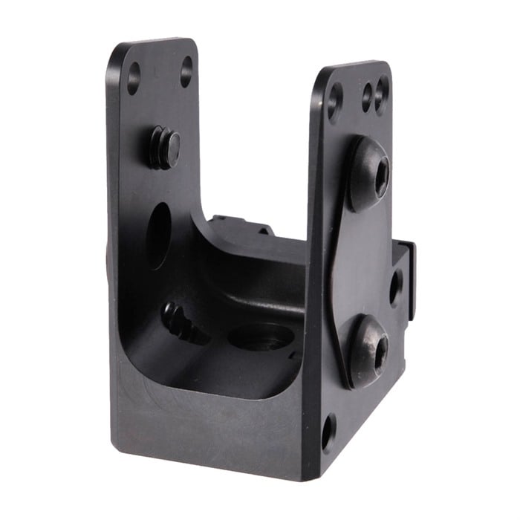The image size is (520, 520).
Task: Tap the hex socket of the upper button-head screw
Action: [382, 176]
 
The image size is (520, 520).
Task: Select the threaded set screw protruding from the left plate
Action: [163, 147]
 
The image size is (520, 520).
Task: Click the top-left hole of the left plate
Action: [134, 77]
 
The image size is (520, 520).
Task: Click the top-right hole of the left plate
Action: [186, 71]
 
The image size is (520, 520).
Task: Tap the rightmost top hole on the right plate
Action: [382, 94]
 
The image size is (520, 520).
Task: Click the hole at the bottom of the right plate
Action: [328, 433]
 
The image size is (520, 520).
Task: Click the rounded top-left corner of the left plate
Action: [116, 56]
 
